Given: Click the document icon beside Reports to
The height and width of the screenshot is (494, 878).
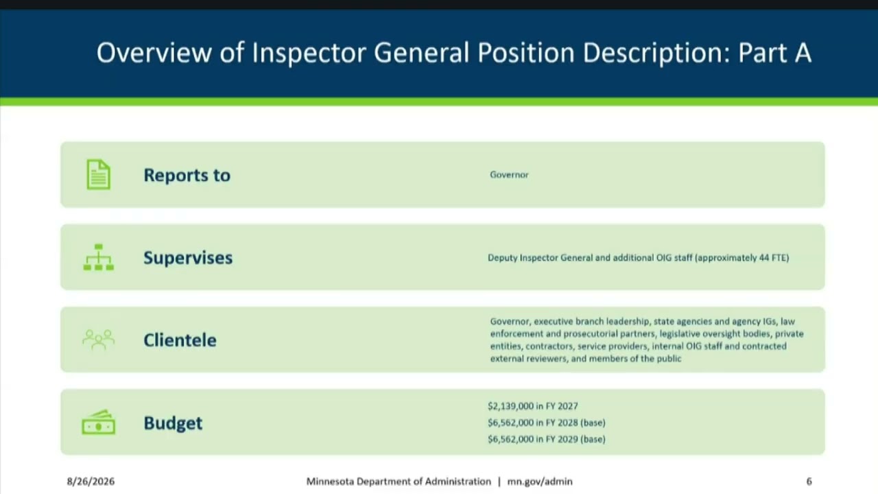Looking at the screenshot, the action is coord(98,174).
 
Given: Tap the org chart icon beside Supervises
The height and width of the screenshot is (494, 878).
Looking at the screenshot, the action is coord(99,257).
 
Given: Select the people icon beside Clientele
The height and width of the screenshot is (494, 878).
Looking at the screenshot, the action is coord(98,340).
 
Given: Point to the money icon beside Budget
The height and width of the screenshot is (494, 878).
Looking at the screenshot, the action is coord(98,422).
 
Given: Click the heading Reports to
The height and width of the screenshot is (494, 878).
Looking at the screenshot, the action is coord(187,175).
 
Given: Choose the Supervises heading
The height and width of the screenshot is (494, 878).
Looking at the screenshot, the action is coord(188,258).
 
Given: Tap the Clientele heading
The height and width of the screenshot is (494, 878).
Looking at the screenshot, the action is coord(180,340).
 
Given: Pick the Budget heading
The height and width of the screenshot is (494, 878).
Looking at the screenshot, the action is coord(173,423).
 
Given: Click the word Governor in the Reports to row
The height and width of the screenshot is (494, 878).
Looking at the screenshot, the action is coord(509,175).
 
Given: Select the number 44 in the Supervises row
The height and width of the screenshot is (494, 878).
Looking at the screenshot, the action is coord(764,258).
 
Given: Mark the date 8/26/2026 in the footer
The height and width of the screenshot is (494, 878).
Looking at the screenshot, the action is coord(91,482).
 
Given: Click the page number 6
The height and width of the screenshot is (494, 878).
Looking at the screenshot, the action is coord(809,482).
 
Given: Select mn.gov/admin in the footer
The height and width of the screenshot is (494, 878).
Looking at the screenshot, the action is coord(540,482).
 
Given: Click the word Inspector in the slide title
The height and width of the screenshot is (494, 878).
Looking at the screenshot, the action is coord(309,53).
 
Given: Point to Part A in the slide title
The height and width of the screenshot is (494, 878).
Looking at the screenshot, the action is coord(775,53).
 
